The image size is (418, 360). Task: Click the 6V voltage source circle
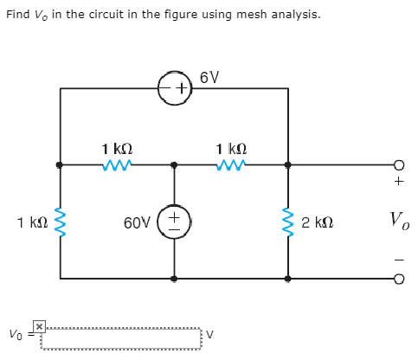coord(174,88)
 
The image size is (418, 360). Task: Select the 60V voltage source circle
coord(174,222)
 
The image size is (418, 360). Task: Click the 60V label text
coord(138,222)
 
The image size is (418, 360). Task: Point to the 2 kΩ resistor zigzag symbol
coord(288,222)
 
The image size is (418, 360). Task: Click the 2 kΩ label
coord(318,222)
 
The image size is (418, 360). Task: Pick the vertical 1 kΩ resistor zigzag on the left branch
coord(60,222)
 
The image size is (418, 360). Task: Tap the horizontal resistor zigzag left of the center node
coord(117,164)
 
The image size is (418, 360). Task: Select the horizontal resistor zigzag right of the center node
coord(231,164)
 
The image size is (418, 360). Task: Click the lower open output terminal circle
coord(398,279)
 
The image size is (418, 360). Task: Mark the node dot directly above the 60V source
coord(174,164)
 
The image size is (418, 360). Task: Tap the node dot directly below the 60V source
coord(174,279)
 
